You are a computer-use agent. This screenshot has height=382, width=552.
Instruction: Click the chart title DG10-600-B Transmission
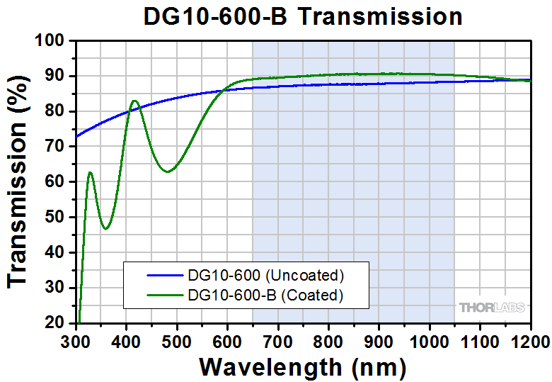tap(303, 16)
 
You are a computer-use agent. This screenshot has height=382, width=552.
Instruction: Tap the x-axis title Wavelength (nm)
tap(302, 366)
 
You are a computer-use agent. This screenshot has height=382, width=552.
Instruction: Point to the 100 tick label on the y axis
tap(52, 41)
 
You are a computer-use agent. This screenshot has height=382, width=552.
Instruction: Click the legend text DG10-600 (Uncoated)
tap(265, 274)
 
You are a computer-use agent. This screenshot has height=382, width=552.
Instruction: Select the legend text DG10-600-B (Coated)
tap(265, 294)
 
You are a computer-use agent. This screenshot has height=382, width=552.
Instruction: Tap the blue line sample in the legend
tap(164, 274)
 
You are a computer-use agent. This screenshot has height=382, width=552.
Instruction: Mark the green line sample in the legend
tap(164, 294)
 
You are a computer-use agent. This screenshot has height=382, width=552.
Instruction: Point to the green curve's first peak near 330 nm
tap(90, 172)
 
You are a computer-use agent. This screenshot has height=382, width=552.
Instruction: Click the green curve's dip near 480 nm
tap(166, 172)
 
